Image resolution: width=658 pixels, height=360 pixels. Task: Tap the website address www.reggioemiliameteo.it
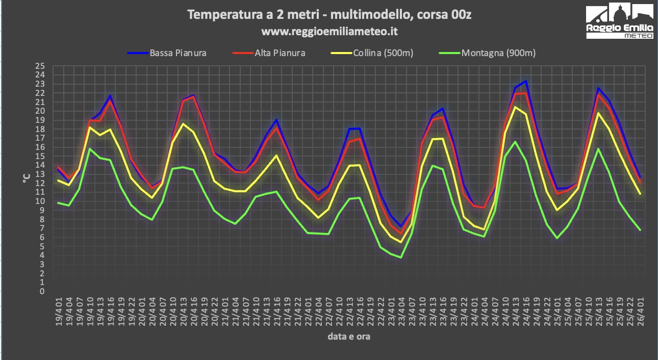point(329,32)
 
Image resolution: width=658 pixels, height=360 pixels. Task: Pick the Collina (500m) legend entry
point(383,53)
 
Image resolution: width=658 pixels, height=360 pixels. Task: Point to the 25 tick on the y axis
point(40,66)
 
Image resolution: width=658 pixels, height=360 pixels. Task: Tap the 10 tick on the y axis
point(40,201)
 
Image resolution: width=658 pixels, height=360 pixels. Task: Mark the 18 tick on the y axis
point(40,129)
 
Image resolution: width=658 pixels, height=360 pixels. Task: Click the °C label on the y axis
point(26,178)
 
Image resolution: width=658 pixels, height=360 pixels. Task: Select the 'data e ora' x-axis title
point(349,337)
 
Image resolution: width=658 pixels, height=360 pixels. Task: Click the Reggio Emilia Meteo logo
point(619,21)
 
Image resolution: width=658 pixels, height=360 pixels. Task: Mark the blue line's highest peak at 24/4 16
point(526,81)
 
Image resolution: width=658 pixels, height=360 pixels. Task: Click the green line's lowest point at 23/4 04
point(401,258)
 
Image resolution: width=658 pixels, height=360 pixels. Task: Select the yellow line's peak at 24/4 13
point(515,107)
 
